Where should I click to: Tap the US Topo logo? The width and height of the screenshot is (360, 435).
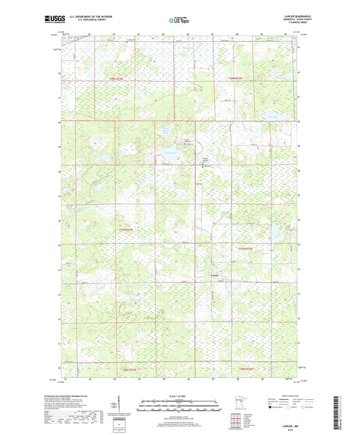[179, 21]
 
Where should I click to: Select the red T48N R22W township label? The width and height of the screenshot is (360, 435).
[232, 80]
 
